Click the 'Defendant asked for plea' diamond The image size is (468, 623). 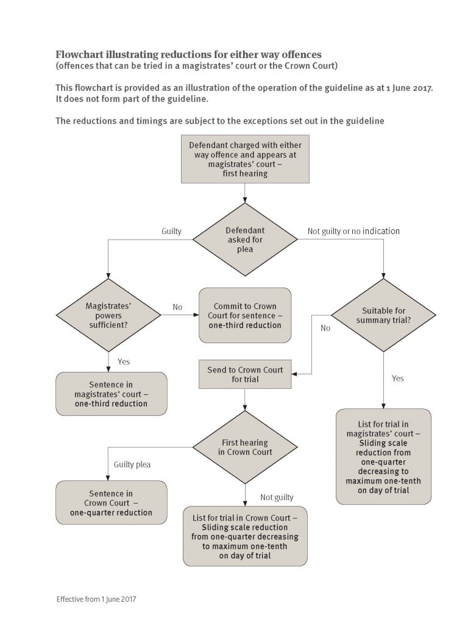[x=245, y=240]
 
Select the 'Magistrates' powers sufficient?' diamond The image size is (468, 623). [x=108, y=316]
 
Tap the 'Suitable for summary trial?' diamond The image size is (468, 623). [x=383, y=316]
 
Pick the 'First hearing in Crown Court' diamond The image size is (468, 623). [x=245, y=447]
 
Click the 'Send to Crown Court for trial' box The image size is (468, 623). [x=245, y=374]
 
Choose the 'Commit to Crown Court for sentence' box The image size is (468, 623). [x=245, y=316]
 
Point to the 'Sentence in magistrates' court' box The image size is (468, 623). [x=112, y=394]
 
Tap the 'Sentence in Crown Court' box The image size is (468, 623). [x=112, y=503]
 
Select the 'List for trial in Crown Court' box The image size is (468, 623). [x=245, y=536]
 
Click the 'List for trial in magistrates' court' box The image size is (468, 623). [x=383, y=457]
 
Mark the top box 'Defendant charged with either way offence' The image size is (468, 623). [x=245, y=159]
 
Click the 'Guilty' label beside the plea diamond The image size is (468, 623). [x=171, y=231]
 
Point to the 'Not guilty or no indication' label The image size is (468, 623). [x=353, y=231]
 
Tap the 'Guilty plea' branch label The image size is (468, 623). [x=132, y=465]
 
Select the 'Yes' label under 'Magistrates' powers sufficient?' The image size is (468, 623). [x=124, y=361]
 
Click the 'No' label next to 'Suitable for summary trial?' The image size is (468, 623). [x=325, y=328]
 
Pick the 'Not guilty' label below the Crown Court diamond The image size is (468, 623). [x=277, y=497]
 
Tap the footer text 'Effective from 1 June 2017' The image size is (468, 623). [x=96, y=599]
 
